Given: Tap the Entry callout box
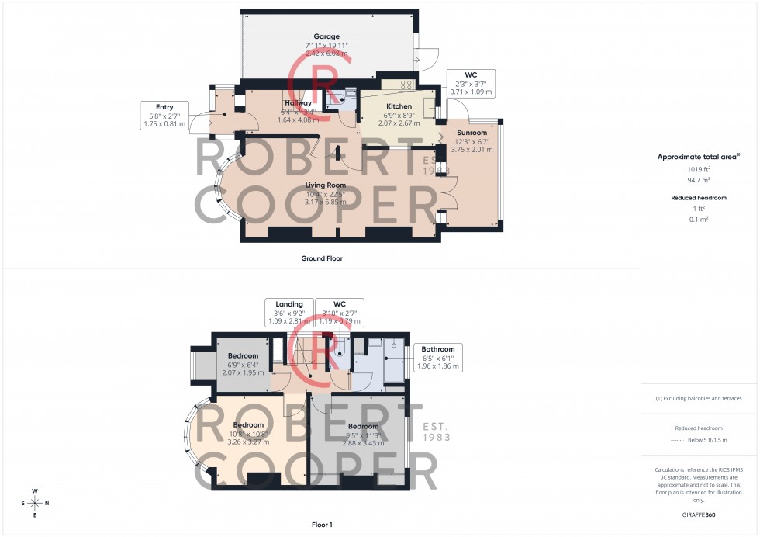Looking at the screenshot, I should pos(164,115).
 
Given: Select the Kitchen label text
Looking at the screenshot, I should pos(399,106).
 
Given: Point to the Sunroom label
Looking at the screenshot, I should pos(472,133).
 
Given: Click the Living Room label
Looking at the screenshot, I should pos(325,185).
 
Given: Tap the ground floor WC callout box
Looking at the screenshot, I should pos(471,84).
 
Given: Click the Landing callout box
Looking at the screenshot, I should pos(288,313).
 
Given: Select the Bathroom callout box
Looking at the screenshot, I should pos(438,358).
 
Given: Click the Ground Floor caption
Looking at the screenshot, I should pos(322,258).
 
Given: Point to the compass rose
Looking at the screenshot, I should pos(35,503).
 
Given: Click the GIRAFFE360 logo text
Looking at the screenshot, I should pos(700,514).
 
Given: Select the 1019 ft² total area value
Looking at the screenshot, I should pos(699,169).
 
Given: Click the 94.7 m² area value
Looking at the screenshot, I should pos(699,178).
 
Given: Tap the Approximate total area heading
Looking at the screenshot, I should pos(698,157).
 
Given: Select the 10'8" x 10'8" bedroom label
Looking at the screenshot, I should pos(248,433).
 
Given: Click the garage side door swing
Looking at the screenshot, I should pos(423,59).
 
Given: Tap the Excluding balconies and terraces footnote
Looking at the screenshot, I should pos(699,398).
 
